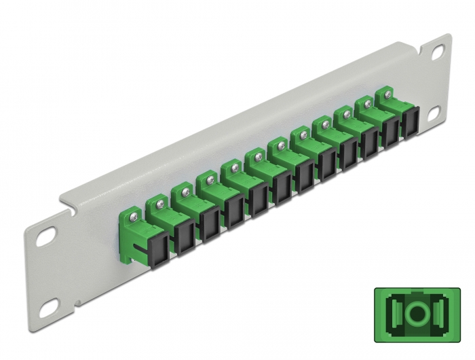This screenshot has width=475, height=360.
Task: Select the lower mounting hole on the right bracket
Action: coord(433,120)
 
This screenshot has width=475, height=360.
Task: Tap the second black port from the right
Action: coord(390,133)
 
